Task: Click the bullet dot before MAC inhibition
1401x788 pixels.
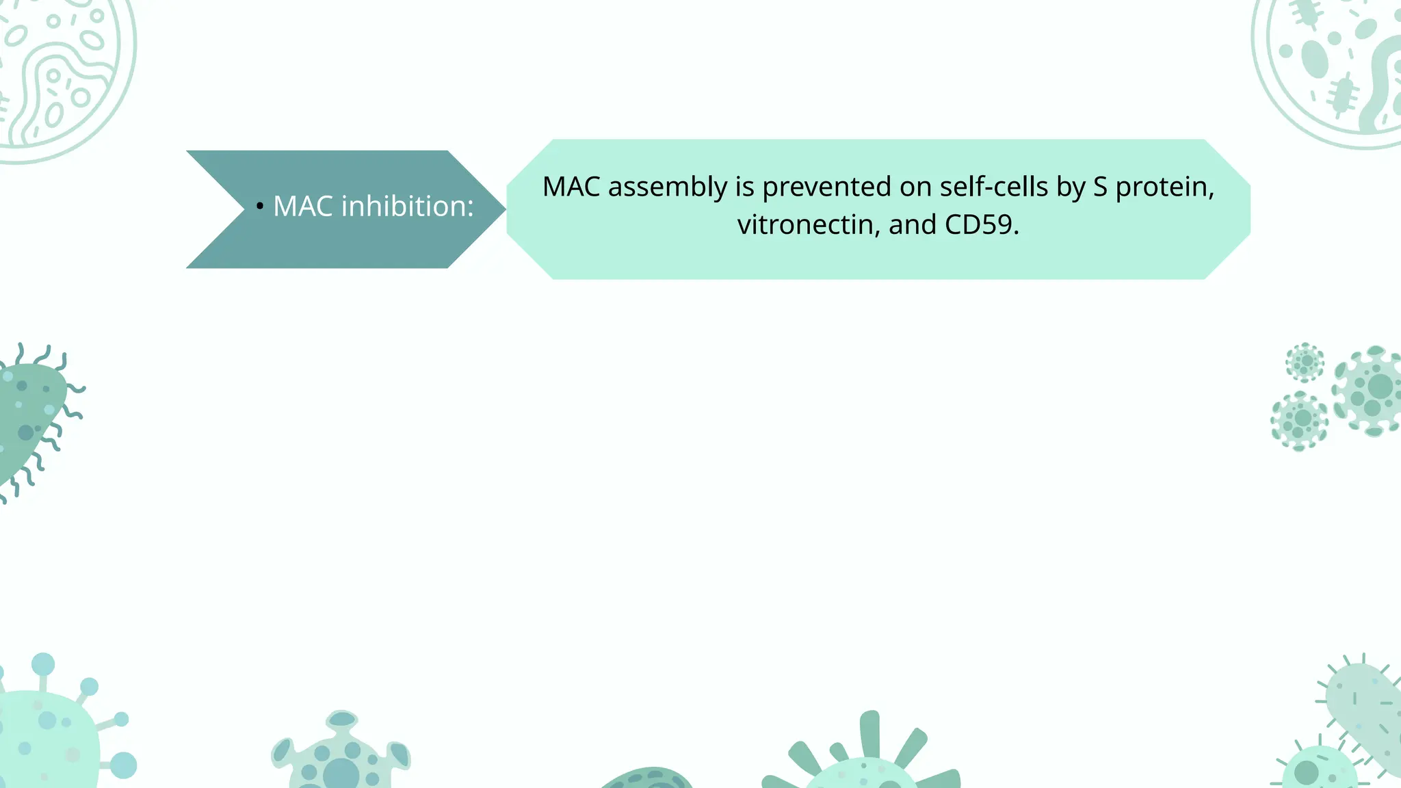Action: coord(259,206)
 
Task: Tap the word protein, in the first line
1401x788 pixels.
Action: coord(1164,187)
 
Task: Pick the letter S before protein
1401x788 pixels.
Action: coord(1100,187)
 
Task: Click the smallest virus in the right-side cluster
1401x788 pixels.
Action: coord(1305,361)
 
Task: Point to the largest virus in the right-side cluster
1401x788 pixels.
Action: coord(1370,390)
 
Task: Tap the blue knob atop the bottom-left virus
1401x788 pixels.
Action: coord(43,664)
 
